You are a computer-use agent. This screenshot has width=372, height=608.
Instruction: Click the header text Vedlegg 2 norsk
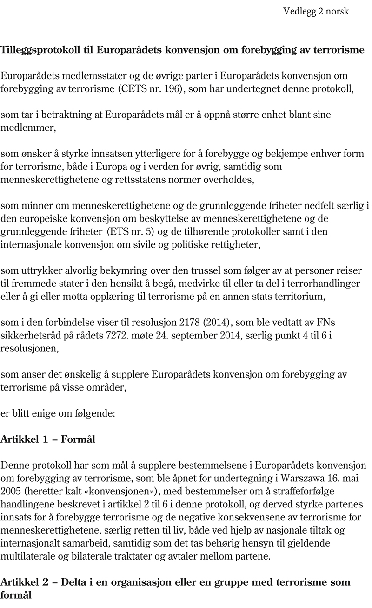click(x=316, y=12)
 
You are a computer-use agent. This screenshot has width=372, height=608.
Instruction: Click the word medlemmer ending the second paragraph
click(x=27, y=128)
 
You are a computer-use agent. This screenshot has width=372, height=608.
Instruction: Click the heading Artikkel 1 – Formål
click(x=48, y=439)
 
